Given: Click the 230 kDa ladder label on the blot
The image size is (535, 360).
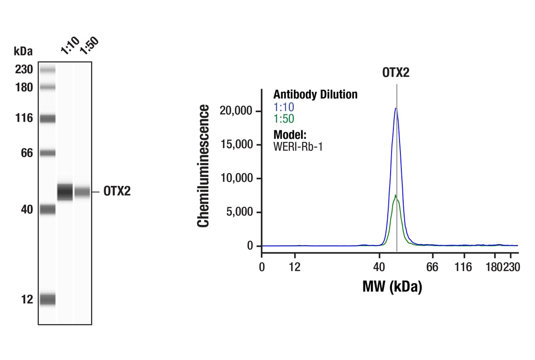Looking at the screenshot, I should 23,70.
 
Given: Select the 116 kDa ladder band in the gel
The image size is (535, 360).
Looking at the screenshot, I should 47,119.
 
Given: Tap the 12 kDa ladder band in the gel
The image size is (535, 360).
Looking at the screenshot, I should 47,299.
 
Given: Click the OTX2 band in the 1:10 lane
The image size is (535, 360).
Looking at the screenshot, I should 65,192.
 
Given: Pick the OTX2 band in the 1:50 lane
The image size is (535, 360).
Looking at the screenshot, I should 82,192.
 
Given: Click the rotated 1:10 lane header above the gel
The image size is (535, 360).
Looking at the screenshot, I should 69,45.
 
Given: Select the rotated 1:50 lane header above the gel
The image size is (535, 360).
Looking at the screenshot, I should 89,45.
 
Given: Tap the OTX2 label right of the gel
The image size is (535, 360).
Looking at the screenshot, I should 117,192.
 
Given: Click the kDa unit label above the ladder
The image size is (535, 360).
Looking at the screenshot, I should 23,51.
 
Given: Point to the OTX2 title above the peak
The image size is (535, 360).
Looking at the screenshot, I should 396,73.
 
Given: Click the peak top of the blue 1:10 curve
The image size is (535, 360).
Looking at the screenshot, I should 396,108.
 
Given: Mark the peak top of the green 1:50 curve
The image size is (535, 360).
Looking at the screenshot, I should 395,195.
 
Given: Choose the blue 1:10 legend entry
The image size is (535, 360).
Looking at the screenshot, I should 284,107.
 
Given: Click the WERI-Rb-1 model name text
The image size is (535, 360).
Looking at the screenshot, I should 298,146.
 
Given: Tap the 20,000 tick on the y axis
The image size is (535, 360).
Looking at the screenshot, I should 236,111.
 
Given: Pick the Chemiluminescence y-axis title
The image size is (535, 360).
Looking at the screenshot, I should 203,166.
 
